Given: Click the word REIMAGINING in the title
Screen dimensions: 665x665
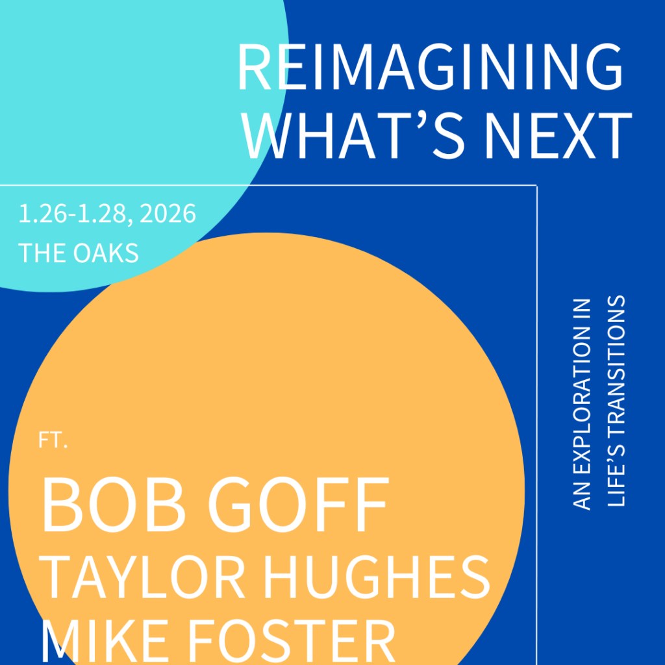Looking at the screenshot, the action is click(430, 67).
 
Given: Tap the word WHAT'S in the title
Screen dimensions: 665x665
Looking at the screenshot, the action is click(354, 136).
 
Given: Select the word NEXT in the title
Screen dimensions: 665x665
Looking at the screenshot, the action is click(558, 136).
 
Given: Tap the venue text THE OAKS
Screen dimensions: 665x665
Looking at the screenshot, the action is click(79, 253).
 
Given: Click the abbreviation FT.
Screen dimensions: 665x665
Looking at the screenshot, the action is click(53, 440).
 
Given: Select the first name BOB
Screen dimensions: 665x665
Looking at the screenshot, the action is click(114, 504).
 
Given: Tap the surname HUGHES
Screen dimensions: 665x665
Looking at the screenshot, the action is click(377, 577).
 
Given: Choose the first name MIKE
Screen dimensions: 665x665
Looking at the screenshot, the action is click(104, 642).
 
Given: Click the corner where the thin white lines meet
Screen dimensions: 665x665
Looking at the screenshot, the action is click(537, 186).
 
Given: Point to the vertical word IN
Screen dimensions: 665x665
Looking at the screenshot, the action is click(581, 310).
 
